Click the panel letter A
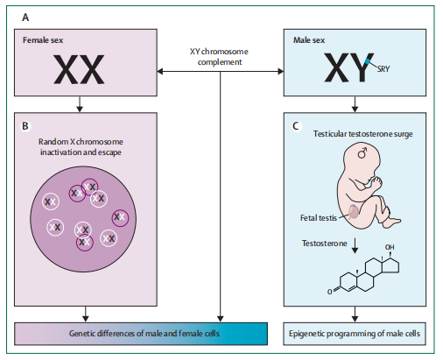[x=25, y=18]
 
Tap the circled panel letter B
[x=25, y=126]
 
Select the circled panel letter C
[x=296, y=126]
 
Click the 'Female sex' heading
[x=43, y=40]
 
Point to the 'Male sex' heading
[x=309, y=40]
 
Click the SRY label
[x=383, y=69]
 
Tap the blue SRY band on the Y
[x=369, y=61]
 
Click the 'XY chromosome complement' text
[x=219, y=57]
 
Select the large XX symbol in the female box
[x=79, y=70]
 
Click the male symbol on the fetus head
[x=362, y=153]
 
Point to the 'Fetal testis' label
[x=319, y=218]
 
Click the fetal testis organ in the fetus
[x=353, y=212]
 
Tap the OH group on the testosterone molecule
[x=390, y=247]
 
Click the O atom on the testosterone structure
[x=329, y=292]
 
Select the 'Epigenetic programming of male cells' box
[x=355, y=334]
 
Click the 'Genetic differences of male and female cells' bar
[x=141, y=334]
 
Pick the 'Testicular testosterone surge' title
[x=363, y=134]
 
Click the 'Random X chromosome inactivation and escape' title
[x=81, y=147]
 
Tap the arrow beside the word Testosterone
[x=355, y=245]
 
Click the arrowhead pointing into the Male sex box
[x=281, y=71]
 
